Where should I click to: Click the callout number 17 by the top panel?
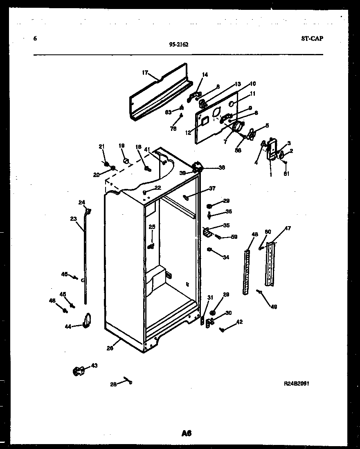(145, 73)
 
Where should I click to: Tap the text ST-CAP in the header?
(311, 38)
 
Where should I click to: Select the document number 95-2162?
(178, 45)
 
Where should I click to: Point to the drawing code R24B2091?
(299, 384)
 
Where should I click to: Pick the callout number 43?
(94, 365)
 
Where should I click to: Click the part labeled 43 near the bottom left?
(78, 371)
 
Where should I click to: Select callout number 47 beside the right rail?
(288, 228)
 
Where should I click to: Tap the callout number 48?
(255, 234)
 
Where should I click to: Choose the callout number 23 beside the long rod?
(74, 219)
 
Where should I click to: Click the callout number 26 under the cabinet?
(110, 348)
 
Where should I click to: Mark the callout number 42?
(239, 322)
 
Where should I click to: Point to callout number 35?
(226, 225)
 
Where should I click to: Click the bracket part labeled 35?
(208, 233)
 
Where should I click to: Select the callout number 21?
(101, 146)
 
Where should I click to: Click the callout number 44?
(67, 326)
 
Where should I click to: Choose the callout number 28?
(113, 384)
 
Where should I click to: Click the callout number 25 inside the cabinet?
(152, 227)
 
